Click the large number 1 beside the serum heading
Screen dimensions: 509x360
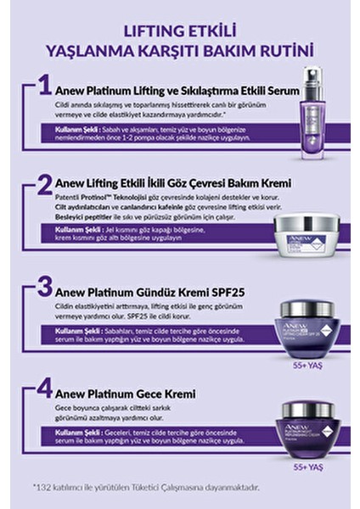pos(43,87)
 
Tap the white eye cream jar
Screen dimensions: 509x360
pos(307,231)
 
